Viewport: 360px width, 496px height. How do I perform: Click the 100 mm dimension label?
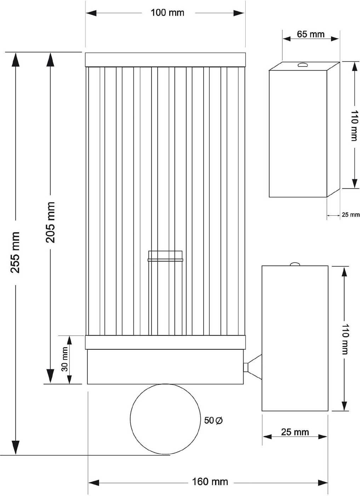[167, 13]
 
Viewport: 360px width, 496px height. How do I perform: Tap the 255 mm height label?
[15, 253]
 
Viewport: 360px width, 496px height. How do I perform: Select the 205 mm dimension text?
[51, 222]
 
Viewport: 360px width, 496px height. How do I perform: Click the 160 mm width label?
[210, 482]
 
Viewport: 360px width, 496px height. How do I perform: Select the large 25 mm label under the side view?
[295, 432]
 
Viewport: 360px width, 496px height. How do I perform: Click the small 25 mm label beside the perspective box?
[350, 215]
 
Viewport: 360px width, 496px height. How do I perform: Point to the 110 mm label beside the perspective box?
[354, 125]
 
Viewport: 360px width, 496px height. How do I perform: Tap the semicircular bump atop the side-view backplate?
[295, 264]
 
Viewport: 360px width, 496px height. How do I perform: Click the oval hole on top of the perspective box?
[303, 64]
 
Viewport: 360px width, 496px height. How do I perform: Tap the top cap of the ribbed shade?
[165, 60]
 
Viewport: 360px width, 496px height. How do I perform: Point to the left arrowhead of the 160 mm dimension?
[93, 483]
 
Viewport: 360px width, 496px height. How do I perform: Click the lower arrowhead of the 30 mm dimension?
[69, 379]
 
